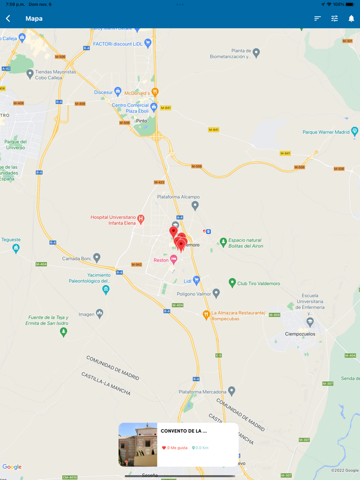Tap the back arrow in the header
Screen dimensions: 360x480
click(x=8, y=19)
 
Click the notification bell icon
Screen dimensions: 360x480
click(x=351, y=19)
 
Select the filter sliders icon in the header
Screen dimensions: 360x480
click(x=334, y=19)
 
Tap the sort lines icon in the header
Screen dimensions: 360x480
click(x=317, y=19)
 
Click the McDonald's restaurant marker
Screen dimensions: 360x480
click(x=155, y=93)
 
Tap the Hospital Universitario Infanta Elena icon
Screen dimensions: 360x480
click(x=140, y=219)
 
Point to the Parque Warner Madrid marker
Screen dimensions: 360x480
click(x=354, y=132)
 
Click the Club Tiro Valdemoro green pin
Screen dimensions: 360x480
click(x=232, y=282)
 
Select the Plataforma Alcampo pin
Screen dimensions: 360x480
click(x=195, y=206)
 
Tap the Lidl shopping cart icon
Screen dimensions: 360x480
click(x=196, y=281)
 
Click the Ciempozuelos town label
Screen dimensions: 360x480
click(x=299, y=334)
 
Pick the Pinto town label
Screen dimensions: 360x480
click(x=141, y=121)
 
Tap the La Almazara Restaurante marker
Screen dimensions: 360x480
click(x=206, y=315)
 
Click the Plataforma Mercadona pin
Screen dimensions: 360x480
click(x=231, y=391)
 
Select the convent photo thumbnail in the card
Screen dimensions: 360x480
click(x=138, y=445)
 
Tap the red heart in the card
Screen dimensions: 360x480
click(x=164, y=448)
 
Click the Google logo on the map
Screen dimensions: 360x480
click(x=12, y=467)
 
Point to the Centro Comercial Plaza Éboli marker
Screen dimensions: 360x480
click(x=153, y=106)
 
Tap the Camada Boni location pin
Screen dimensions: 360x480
click(x=97, y=257)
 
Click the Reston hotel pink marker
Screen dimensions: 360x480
click(x=174, y=260)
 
